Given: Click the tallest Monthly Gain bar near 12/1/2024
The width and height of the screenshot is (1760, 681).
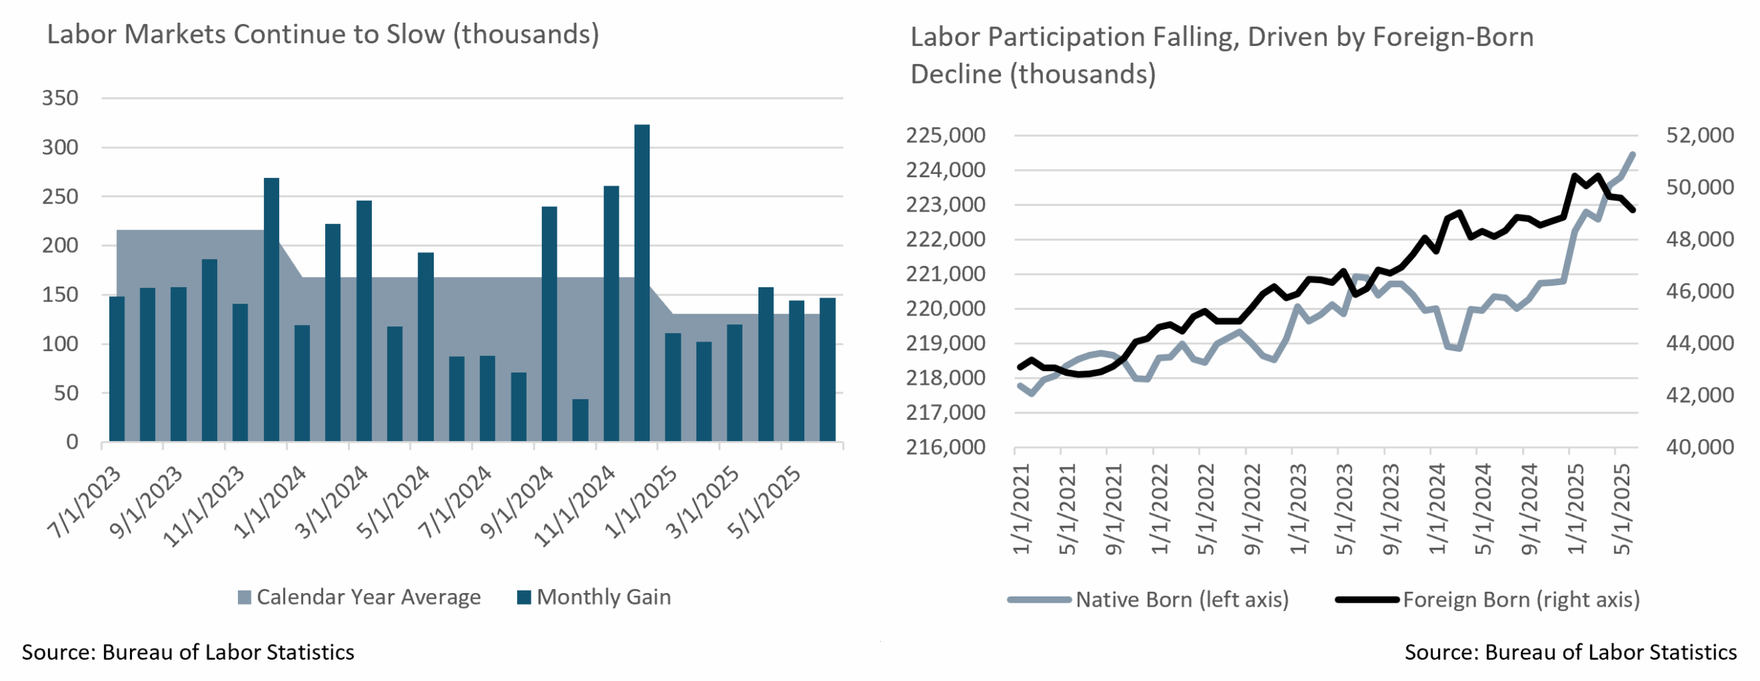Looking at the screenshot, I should point(641,282).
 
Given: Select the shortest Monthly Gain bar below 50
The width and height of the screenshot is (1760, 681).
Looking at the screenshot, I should point(580,420).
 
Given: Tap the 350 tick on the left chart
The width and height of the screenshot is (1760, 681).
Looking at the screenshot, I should point(60,98).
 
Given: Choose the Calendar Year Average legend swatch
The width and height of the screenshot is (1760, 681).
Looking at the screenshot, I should point(244,598).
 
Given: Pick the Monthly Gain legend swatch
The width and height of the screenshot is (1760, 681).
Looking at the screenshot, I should point(524,598).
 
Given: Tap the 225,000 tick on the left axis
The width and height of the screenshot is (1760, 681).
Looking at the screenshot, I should point(945,135).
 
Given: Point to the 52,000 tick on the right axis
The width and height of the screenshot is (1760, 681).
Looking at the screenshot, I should point(1699,135).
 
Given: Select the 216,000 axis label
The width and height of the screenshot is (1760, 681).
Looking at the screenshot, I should point(945,447).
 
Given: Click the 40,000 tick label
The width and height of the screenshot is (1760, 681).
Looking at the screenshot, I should point(1699,447).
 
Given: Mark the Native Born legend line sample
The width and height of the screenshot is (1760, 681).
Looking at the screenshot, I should point(1039,600).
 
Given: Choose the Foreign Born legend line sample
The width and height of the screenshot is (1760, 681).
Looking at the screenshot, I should point(1367,600).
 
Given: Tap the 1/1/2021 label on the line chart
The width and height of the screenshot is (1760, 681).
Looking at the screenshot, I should point(1022,509).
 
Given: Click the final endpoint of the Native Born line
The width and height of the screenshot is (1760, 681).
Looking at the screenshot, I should point(1633,155).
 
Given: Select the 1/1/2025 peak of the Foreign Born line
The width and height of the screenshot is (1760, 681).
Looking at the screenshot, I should point(1574,176).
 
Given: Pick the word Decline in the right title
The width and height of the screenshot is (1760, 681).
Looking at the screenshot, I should point(956,74).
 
